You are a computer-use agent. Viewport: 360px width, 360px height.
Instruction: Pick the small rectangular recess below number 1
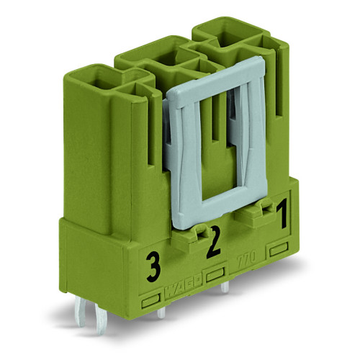coord(278,249)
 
